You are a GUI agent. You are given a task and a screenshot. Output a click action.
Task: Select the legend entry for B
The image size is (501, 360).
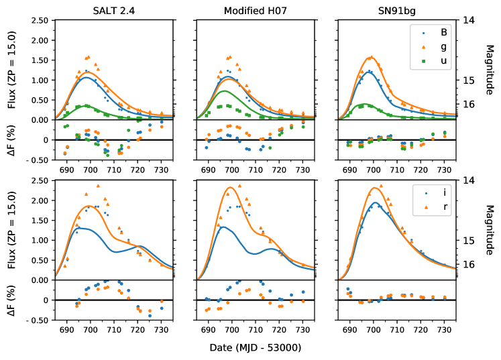click(443, 32)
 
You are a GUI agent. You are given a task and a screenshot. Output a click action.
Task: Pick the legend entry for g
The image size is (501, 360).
click(443, 47)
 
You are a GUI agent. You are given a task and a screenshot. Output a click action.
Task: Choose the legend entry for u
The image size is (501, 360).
click(443, 62)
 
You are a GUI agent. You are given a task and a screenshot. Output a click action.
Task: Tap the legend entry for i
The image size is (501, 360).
click(443, 192)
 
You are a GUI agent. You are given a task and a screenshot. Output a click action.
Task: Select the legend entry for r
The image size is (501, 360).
click(443, 207)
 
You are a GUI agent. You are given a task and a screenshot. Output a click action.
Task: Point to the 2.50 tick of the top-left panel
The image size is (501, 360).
click(39, 21)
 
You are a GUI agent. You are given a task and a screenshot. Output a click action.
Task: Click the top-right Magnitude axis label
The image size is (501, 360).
click(490, 70)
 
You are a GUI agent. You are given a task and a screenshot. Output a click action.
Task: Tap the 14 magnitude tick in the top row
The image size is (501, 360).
click(470, 21)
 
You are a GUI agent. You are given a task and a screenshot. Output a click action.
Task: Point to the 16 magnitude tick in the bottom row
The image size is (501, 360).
click(470, 264)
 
